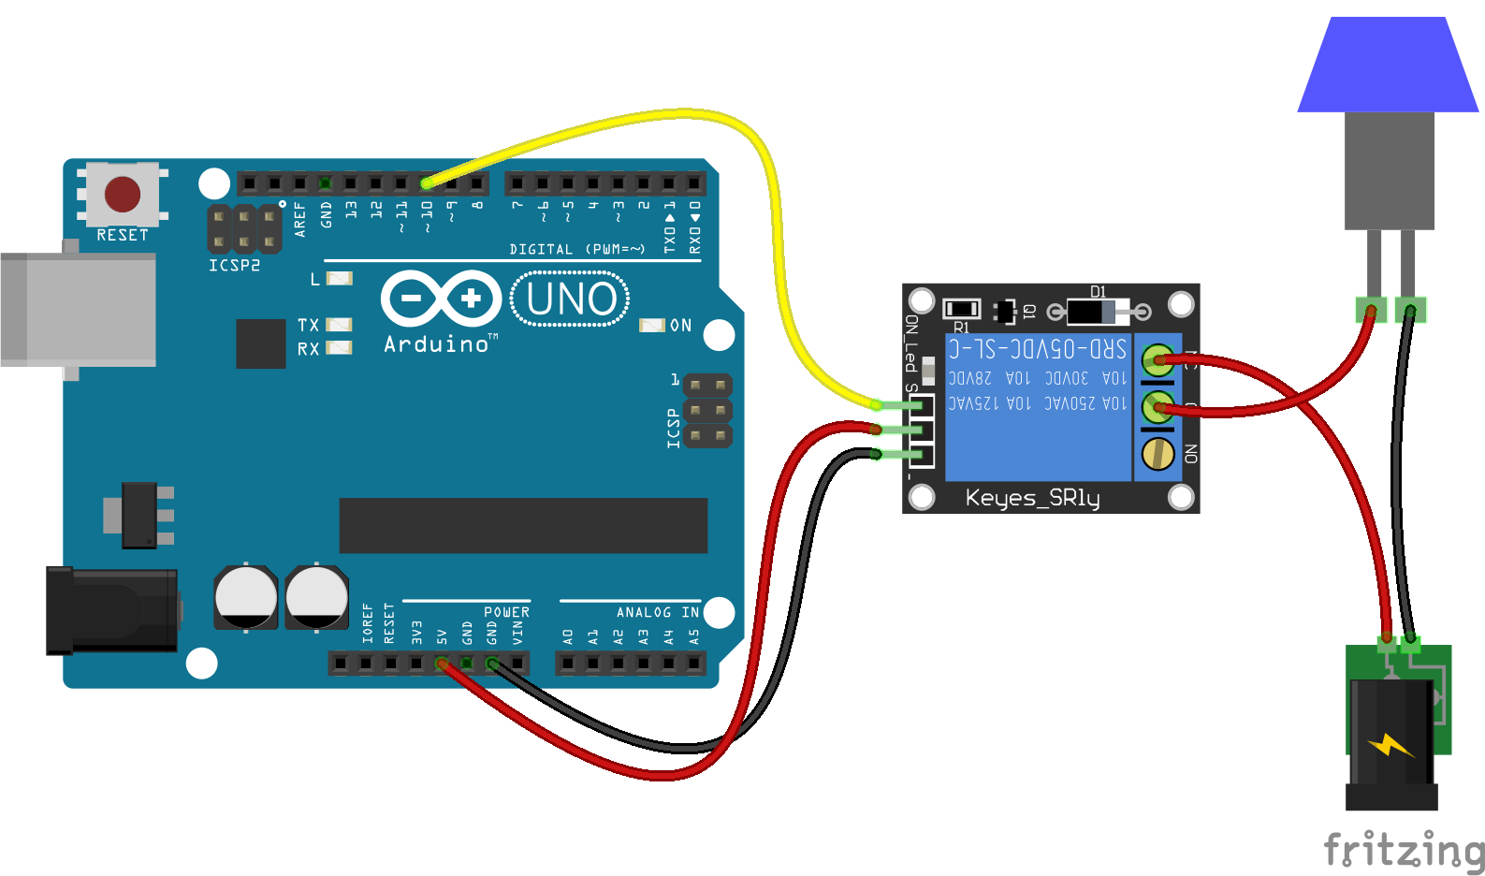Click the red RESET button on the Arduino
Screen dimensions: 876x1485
(123, 195)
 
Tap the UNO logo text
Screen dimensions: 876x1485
(571, 299)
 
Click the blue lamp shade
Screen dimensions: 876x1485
(1388, 66)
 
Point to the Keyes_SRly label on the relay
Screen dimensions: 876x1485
(1032, 497)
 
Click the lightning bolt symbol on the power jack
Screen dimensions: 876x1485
(1391, 746)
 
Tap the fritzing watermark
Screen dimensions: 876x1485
(1403, 850)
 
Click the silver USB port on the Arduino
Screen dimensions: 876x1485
(79, 309)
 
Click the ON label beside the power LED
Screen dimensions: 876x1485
(680, 326)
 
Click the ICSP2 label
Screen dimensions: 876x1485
(234, 266)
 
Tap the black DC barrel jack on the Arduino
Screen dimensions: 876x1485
(112, 610)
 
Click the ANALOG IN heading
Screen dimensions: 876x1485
(657, 612)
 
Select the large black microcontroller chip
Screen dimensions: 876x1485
(523, 525)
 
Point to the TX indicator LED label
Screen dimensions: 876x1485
(308, 325)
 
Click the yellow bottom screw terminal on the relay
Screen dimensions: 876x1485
(1158, 454)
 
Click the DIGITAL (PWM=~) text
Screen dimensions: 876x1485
(576, 249)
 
